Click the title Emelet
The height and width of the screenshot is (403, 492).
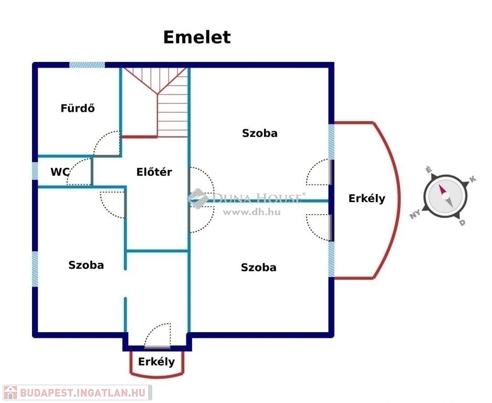(x=196, y=37)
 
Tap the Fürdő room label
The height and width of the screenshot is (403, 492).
(x=77, y=109)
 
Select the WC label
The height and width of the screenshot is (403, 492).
(x=60, y=172)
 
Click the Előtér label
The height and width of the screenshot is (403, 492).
(x=154, y=172)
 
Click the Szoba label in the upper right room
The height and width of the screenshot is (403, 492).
(x=259, y=133)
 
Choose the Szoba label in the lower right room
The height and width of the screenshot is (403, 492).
(x=258, y=268)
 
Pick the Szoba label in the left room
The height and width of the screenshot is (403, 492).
(x=86, y=265)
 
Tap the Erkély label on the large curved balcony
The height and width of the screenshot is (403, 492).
(x=367, y=198)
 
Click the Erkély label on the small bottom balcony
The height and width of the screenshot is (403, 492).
(x=156, y=362)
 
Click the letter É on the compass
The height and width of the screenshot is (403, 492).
(x=428, y=171)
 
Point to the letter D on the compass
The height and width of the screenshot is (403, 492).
(x=462, y=222)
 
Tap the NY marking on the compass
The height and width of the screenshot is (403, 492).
(x=416, y=215)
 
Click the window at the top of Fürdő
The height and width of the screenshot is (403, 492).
(x=87, y=65)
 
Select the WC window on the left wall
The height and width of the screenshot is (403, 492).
(x=35, y=171)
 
